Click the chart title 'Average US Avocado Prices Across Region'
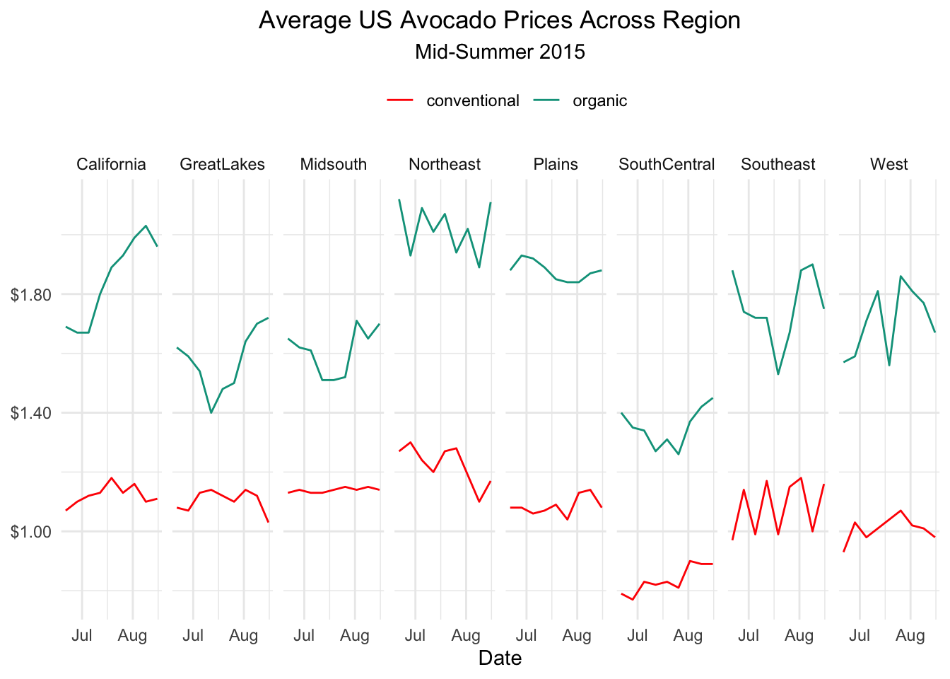click(x=499, y=21)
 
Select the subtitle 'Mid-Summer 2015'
click(x=499, y=52)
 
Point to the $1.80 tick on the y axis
click(x=31, y=294)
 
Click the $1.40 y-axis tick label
click(x=31, y=413)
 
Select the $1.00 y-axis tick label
click(x=31, y=531)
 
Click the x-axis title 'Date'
click(x=499, y=658)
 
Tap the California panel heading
click(x=111, y=165)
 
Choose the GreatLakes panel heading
click(x=222, y=165)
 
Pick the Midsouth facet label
click(x=333, y=165)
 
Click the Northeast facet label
click(x=445, y=165)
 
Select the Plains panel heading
click(x=556, y=165)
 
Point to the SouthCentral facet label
click(x=667, y=165)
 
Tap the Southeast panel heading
click(x=778, y=165)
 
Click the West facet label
click(x=889, y=165)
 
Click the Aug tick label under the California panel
click(x=132, y=636)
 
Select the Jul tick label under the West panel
click(x=860, y=636)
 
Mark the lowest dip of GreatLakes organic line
click(x=211, y=412)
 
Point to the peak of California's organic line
click(x=146, y=226)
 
